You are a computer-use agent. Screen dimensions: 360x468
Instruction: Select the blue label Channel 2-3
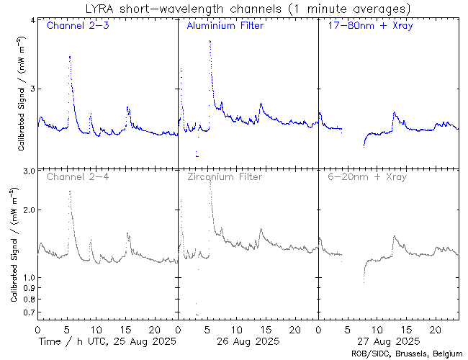(77, 27)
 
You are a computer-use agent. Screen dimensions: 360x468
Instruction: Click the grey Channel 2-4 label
(77, 176)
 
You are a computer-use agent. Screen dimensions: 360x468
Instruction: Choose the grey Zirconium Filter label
(225, 176)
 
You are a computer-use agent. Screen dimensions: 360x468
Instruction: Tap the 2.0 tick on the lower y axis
(30, 210)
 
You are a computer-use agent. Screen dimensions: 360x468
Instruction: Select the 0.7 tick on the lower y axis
(30, 312)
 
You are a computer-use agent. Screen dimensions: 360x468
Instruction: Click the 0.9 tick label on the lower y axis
(30, 288)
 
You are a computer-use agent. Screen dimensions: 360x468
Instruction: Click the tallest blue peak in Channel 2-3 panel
(69, 56)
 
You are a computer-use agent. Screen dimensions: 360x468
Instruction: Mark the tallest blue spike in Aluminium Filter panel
(210, 41)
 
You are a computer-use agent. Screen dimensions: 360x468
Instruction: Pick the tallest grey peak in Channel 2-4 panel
(69, 192)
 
